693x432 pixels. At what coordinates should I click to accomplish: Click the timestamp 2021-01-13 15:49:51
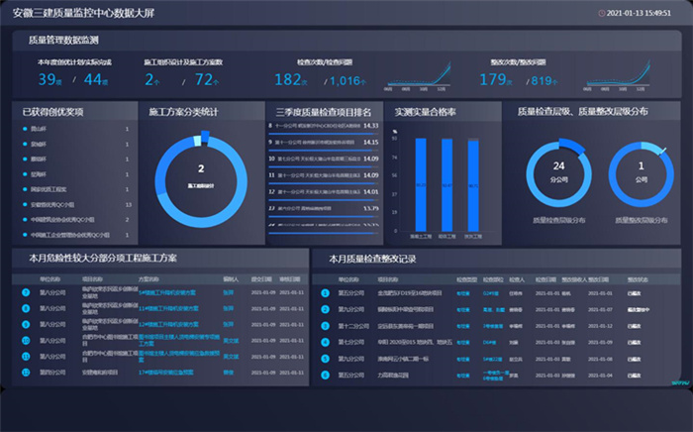(640, 13)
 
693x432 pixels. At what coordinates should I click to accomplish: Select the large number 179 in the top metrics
(495, 80)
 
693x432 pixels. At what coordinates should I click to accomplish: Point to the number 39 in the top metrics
(49, 80)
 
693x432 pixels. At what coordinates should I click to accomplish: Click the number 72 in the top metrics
(206, 80)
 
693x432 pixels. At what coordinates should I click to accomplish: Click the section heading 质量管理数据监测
(63, 41)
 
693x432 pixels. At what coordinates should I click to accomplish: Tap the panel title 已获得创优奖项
(52, 112)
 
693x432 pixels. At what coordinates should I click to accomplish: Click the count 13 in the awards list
(128, 204)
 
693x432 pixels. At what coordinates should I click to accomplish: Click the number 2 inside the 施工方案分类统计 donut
(201, 169)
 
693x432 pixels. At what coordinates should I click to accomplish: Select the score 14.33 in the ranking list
(371, 126)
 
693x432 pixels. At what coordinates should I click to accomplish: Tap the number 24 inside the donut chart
(558, 166)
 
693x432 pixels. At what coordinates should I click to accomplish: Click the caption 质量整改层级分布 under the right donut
(642, 219)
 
